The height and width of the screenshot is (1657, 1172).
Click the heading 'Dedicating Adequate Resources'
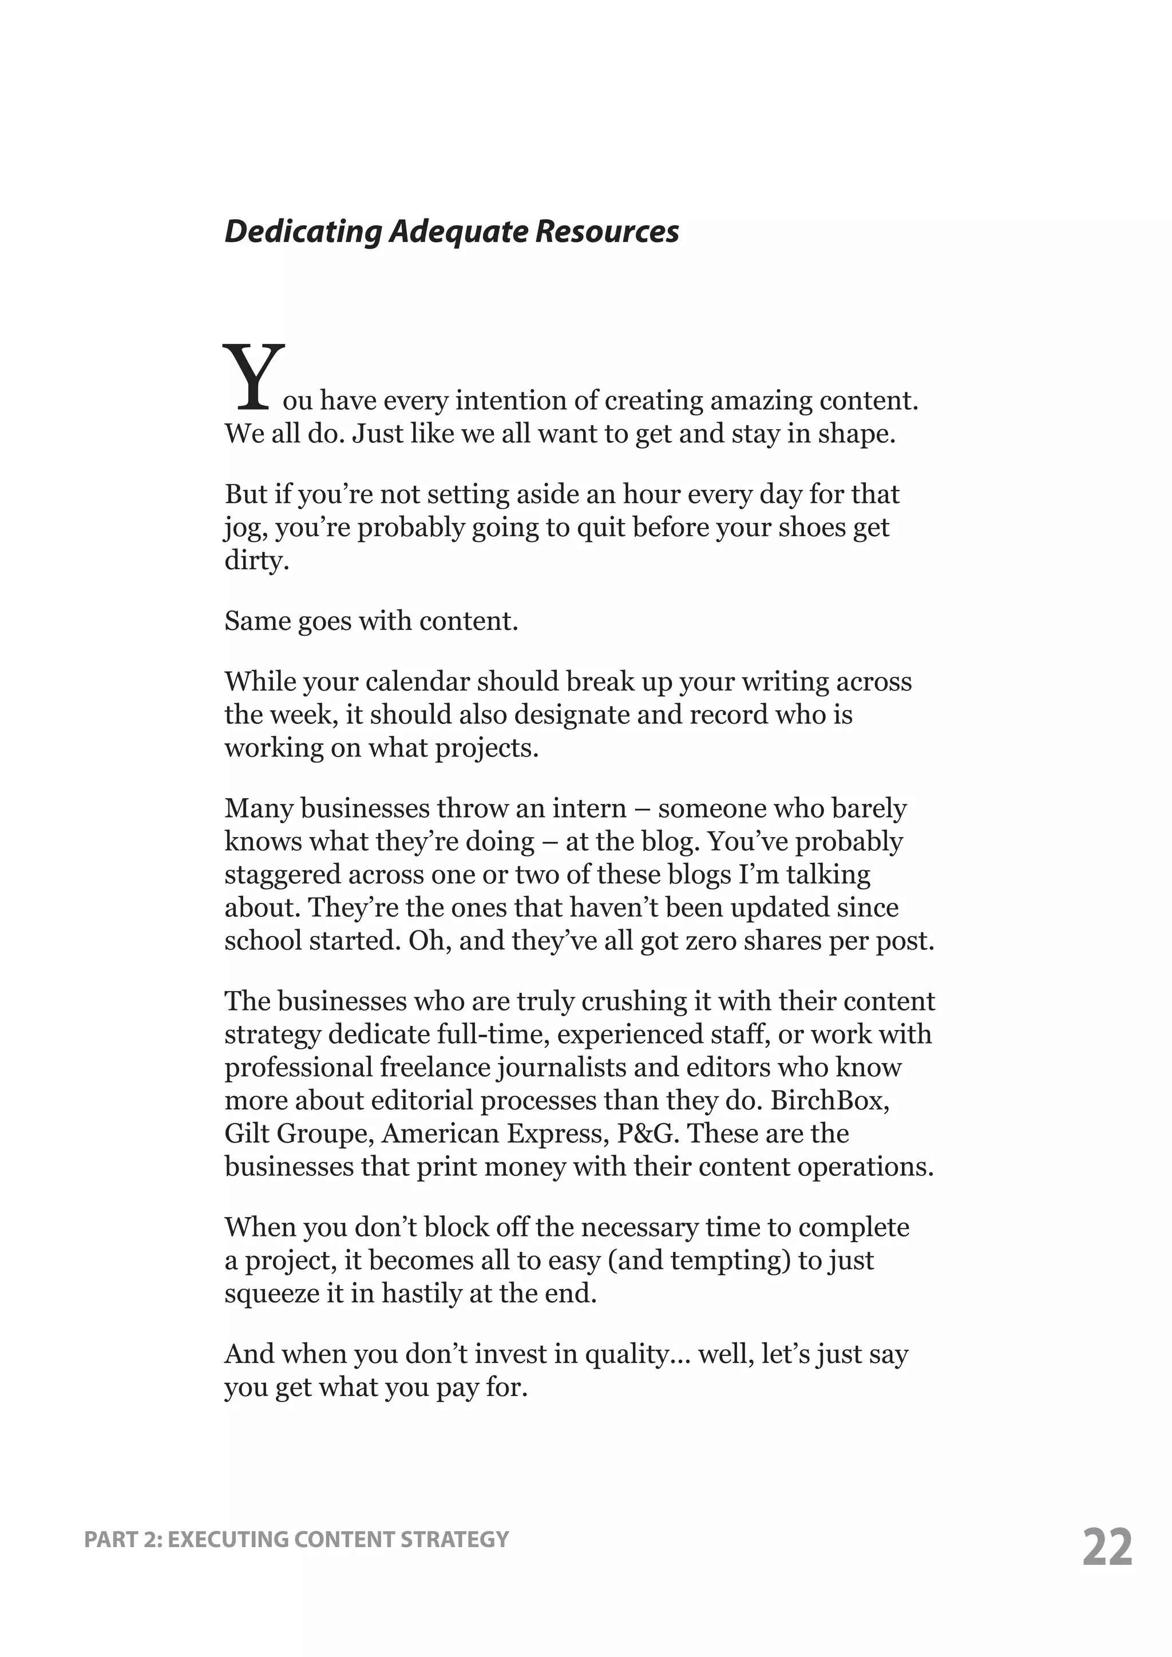click(x=451, y=232)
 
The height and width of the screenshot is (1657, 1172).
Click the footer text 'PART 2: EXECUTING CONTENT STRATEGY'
click(x=296, y=1539)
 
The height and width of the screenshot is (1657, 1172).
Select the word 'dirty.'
click(x=257, y=560)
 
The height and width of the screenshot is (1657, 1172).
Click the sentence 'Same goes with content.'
click(x=371, y=621)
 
